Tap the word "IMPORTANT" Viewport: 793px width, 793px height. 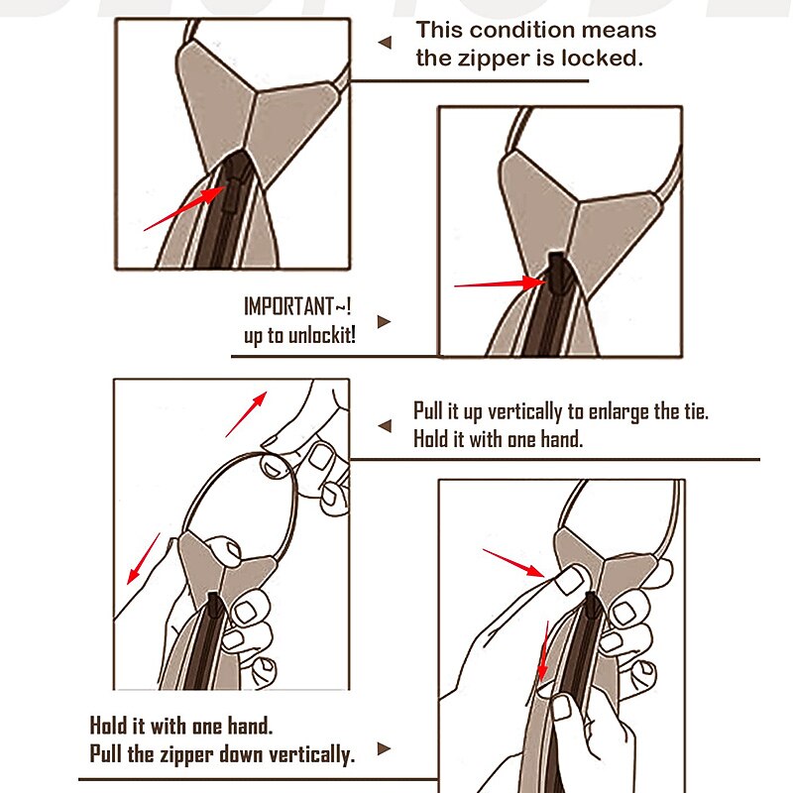288,306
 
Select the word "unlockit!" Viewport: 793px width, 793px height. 321,335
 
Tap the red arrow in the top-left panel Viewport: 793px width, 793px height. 184,208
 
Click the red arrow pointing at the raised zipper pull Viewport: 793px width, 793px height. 501,283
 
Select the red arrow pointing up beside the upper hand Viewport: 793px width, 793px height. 246,414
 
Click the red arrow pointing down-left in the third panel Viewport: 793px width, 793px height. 143,559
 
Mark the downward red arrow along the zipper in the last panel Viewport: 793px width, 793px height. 543,651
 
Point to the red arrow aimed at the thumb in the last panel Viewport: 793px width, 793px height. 513,562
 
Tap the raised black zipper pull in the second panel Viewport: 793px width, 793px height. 558,274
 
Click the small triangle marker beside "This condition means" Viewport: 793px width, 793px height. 385,43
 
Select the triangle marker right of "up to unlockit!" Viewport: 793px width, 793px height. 384,321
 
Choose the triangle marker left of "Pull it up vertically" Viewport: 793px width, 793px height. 385,426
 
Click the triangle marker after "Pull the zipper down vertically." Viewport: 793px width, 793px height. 384,748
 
